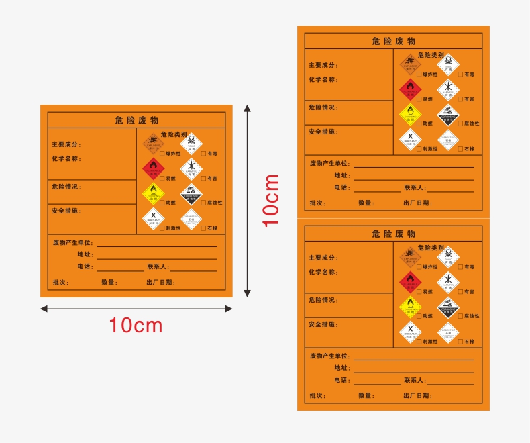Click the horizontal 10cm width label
(x=136, y=326)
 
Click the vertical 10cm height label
(x=270, y=200)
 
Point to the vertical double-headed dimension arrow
(x=247, y=200)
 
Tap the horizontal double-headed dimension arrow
(x=136, y=309)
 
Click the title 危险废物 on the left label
(x=136, y=120)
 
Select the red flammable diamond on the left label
(x=153, y=167)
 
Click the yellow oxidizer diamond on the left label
(x=153, y=193)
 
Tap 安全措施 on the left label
(x=66, y=211)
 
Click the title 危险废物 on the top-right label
(x=394, y=42)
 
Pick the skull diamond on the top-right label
(x=448, y=63)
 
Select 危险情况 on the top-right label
(x=323, y=107)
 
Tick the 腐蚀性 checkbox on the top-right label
(x=460, y=124)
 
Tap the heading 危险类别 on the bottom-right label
(x=431, y=248)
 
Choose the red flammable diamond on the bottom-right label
(x=410, y=281)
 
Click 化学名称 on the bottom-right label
(x=323, y=273)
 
